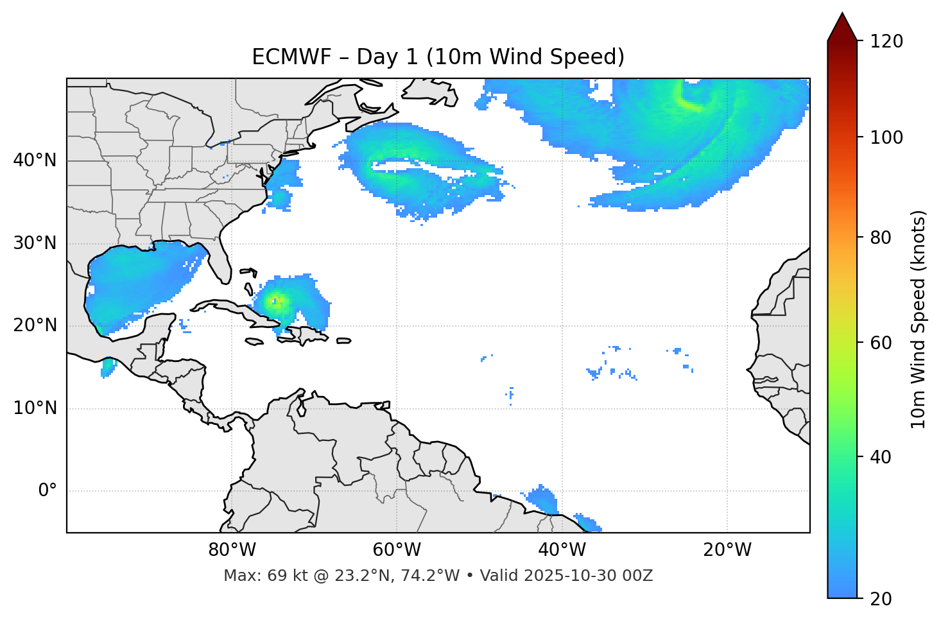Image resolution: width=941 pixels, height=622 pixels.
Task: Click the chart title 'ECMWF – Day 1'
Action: [x=438, y=57]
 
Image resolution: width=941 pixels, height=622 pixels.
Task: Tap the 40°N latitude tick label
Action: [x=35, y=160]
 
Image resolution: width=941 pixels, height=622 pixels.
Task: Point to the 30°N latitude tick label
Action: [x=35, y=243]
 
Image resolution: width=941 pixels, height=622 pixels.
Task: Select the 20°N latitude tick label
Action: [x=35, y=325]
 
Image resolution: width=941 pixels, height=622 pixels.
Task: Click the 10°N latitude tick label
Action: [x=35, y=408]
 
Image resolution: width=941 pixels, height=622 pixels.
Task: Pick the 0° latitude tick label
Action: [x=47, y=491]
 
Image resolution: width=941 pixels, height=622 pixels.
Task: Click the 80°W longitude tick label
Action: [x=232, y=550]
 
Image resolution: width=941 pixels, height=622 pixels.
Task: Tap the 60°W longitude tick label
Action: [x=397, y=550]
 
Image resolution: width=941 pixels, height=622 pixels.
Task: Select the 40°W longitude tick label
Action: [x=562, y=550]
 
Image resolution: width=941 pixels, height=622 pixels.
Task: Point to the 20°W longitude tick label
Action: [x=727, y=550]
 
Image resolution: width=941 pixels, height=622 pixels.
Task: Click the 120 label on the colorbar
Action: [x=886, y=42]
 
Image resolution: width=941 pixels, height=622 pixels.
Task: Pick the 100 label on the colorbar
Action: [x=886, y=137]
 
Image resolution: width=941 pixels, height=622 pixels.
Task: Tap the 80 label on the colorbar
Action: [x=881, y=238]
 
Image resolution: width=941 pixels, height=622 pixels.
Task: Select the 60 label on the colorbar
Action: [x=881, y=343]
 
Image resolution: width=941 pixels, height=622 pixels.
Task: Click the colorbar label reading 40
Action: [x=881, y=457]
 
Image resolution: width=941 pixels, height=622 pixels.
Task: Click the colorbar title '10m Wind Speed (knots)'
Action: [x=919, y=320]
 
